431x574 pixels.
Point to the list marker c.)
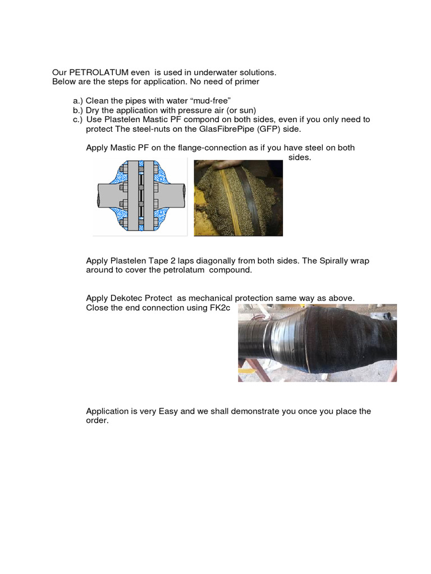point(78,119)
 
